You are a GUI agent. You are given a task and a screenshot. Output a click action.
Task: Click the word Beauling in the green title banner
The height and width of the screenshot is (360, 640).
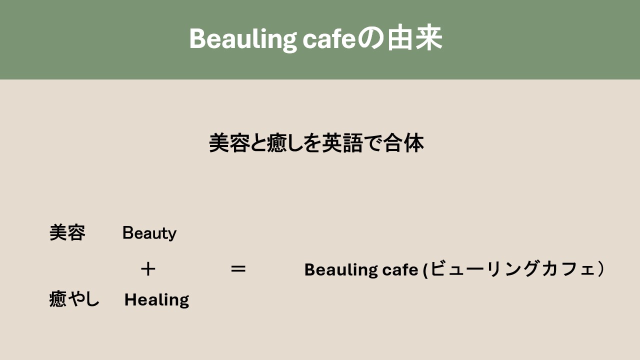[x=243, y=39]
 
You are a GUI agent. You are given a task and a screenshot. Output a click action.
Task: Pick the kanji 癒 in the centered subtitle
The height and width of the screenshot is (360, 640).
[x=276, y=143]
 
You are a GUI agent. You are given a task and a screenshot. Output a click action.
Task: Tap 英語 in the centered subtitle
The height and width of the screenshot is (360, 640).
[x=342, y=143]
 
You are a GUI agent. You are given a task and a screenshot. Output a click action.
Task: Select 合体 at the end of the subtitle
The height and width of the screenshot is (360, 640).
[x=403, y=143]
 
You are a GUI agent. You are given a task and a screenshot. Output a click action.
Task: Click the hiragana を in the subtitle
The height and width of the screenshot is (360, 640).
[x=312, y=143]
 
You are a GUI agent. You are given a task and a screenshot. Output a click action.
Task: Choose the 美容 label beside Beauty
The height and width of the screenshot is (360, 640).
[x=67, y=233]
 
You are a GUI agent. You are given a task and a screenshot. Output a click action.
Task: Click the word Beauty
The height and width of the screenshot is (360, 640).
[x=149, y=233]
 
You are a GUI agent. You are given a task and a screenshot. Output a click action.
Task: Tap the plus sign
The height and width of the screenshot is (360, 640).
[x=148, y=269]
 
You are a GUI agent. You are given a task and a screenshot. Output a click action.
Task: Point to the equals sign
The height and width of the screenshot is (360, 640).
[x=238, y=269]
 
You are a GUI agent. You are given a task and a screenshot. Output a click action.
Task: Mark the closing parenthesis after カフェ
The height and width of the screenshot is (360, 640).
[x=601, y=269]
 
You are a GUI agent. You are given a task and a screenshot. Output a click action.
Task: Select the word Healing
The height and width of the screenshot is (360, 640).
[x=156, y=300]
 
